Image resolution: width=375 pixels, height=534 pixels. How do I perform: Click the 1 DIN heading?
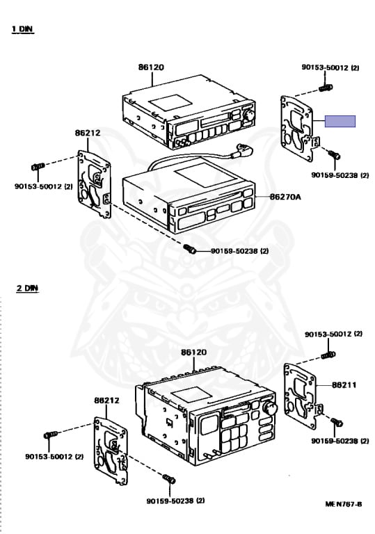[x=23, y=29]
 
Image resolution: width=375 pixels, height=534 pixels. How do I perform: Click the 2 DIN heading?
[x=28, y=288]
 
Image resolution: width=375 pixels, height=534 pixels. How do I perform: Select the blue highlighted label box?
[x=340, y=121]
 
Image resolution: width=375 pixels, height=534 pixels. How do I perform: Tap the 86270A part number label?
[x=285, y=197]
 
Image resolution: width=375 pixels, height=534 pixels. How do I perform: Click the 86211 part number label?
[x=344, y=385]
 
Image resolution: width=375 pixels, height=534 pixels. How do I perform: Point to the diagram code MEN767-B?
[x=343, y=504]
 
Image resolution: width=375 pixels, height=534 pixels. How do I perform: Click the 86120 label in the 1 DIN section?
[x=151, y=67]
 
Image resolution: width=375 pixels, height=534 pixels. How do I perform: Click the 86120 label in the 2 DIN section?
[x=193, y=352]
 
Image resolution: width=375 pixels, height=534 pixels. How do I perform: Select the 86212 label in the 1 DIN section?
[x=88, y=133]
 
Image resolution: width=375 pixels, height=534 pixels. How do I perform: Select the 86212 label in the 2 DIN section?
[x=106, y=400]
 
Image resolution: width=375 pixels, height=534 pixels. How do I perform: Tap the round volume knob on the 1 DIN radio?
[x=248, y=115]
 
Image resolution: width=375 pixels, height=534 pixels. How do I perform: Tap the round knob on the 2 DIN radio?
[x=271, y=408]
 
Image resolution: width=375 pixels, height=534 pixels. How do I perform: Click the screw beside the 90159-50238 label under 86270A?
[x=189, y=249]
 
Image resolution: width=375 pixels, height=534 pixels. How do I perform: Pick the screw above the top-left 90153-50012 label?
[x=38, y=167]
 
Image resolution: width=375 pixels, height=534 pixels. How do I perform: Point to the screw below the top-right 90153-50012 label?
[x=326, y=88]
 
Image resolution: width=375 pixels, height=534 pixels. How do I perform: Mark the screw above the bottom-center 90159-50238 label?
[x=169, y=478]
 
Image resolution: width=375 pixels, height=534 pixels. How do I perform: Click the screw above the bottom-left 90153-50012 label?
[x=51, y=435]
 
